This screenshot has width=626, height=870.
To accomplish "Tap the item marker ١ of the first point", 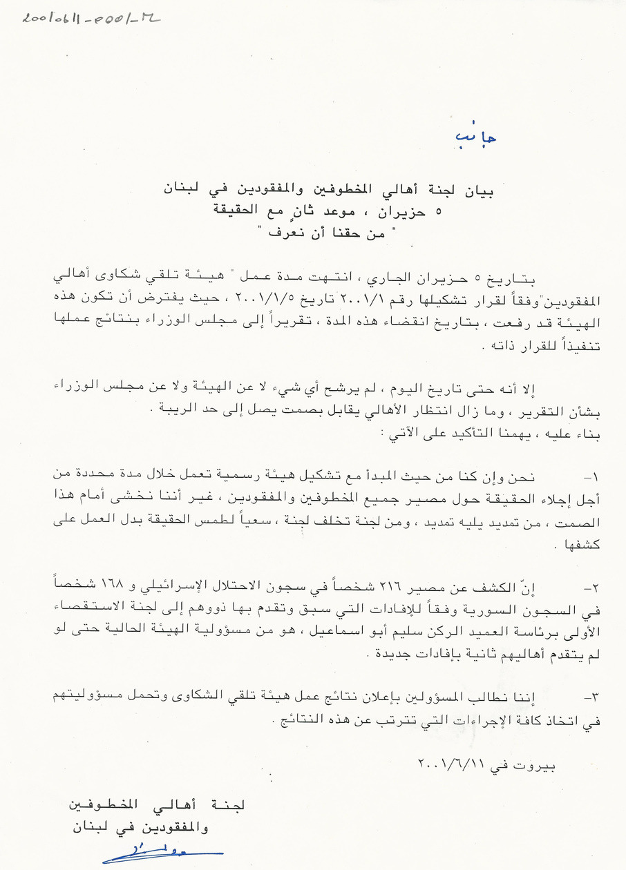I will click(x=591, y=476).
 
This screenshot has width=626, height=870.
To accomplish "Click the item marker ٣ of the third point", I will click(x=591, y=699).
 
